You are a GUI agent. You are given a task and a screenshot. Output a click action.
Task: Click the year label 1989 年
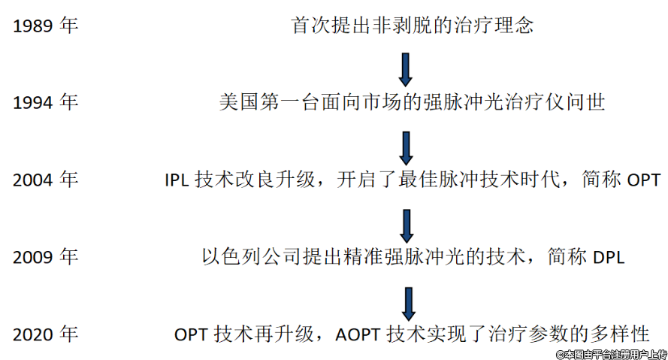tap(45, 26)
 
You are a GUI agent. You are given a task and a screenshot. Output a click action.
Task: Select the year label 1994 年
tap(45, 103)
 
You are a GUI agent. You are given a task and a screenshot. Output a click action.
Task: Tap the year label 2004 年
tap(45, 180)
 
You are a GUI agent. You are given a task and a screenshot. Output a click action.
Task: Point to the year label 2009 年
tap(45, 257)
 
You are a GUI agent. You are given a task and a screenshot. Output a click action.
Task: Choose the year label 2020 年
tap(45, 334)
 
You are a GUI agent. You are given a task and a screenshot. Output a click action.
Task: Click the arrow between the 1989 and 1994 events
tap(406, 68)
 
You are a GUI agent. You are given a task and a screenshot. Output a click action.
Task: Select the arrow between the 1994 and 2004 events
tap(406, 147)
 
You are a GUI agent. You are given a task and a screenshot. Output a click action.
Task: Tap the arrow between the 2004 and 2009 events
tap(406, 225)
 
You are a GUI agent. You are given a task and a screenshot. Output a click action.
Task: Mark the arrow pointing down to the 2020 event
tap(406, 301)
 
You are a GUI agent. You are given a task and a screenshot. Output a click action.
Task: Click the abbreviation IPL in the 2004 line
tap(177, 181)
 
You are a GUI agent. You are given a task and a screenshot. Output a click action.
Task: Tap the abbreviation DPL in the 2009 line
tap(609, 258)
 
